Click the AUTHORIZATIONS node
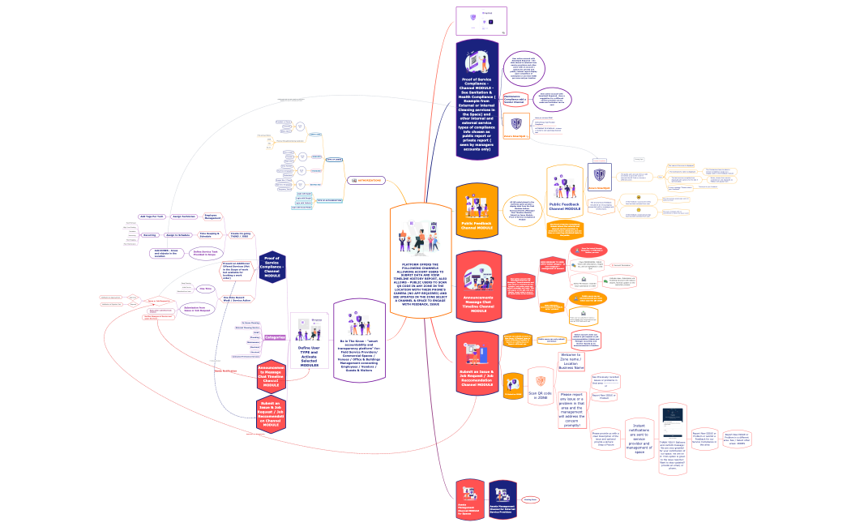365,180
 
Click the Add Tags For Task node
152,216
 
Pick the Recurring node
150,235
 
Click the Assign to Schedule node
177,235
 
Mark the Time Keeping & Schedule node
212,235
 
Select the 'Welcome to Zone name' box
572,361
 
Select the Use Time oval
206,288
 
